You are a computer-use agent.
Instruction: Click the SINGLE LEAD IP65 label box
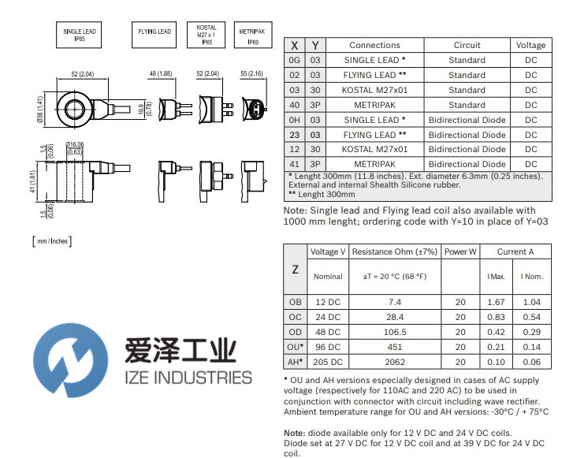(x=79, y=35)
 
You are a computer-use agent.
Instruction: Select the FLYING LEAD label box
(x=154, y=32)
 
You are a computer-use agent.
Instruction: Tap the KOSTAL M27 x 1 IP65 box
(x=207, y=35)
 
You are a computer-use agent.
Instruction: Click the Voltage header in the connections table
(x=530, y=45)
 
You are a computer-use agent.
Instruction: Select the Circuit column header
(x=467, y=45)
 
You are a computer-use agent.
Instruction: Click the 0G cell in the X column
(x=295, y=60)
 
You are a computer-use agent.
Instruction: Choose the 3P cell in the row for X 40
(x=315, y=105)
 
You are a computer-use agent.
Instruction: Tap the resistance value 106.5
(x=395, y=332)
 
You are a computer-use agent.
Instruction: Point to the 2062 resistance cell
(x=395, y=362)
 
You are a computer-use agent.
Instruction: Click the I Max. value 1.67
(x=497, y=302)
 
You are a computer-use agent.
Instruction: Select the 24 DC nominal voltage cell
(x=328, y=317)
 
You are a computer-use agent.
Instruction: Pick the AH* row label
(x=295, y=362)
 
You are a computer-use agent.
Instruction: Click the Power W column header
(x=460, y=251)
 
